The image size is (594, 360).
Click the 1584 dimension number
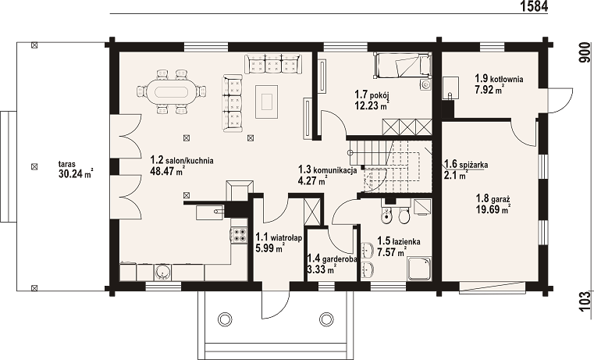(x=534, y=6)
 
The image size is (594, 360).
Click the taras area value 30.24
(x=70, y=174)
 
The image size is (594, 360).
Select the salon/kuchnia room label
(x=182, y=160)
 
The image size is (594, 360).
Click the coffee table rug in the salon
(x=267, y=101)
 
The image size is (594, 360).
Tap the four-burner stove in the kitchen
(x=239, y=234)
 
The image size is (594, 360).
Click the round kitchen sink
(x=163, y=272)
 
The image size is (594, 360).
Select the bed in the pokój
(x=402, y=66)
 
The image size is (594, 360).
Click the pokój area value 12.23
(x=367, y=105)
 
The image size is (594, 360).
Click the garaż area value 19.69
(x=489, y=209)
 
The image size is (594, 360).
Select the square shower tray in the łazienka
(x=419, y=269)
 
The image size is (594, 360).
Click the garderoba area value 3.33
(x=315, y=270)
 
